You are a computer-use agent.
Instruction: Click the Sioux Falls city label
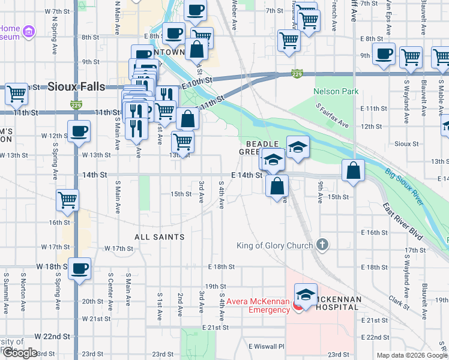(76, 86)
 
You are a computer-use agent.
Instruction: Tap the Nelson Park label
(336, 92)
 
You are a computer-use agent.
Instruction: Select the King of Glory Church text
(275, 245)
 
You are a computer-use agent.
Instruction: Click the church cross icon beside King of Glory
(323, 244)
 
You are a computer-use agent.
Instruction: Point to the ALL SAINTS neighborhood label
(159, 237)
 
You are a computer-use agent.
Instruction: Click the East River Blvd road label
(404, 221)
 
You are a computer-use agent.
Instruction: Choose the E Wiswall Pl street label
(267, 346)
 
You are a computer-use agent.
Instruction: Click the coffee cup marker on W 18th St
(79, 269)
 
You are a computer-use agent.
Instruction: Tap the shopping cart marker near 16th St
(68, 200)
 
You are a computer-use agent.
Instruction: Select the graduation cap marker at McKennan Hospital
(306, 295)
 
